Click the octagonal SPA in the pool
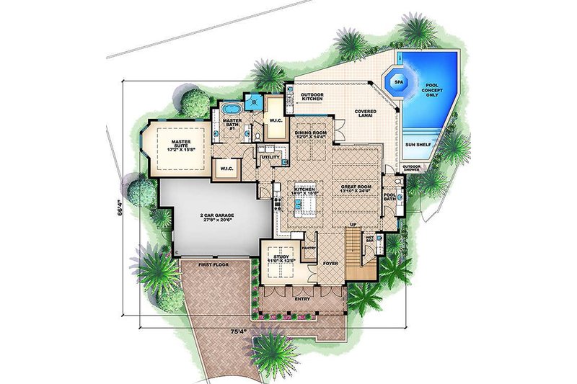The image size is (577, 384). [x=399, y=83]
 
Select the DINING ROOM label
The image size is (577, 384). [x=310, y=135]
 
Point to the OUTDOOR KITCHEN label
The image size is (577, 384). [x=312, y=97]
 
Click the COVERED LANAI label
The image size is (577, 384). [x=367, y=114]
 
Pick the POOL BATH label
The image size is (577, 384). [x=391, y=196]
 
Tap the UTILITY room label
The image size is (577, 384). [x=270, y=156]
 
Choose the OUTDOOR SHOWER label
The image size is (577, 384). [x=412, y=169]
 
